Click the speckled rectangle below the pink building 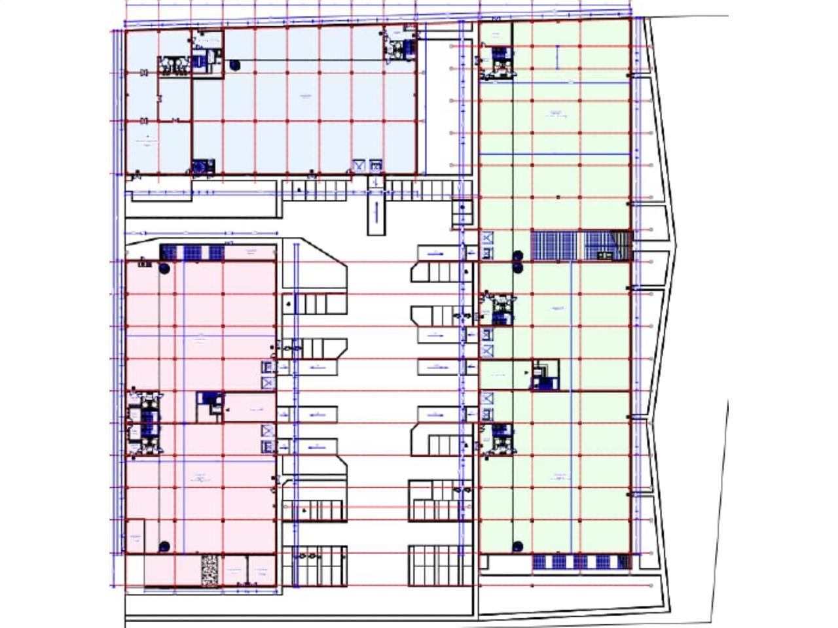[209, 570]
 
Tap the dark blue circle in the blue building [234, 64]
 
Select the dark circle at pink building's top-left [164, 268]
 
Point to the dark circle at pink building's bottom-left [164, 546]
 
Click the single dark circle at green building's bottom [517, 546]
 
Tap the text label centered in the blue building [305, 96]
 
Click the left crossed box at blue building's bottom [359, 166]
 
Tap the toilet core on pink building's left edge [145, 423]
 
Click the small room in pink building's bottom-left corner [136, 537]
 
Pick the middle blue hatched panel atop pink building [194, 253]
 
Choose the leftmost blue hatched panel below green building [541, 561]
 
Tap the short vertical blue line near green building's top [558, 56]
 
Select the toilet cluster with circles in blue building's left [173, 66]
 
